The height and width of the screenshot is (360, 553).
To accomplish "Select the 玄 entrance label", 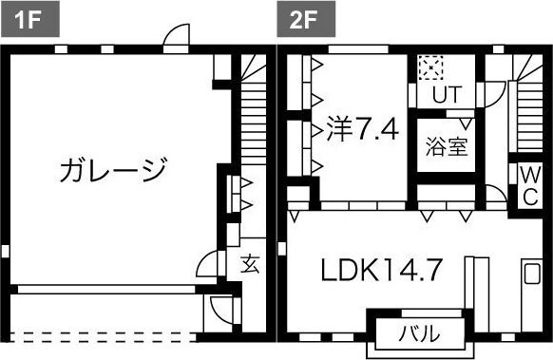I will [x=250, y=263].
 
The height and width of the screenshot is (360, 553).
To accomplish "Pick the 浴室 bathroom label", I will [x=445, y=149].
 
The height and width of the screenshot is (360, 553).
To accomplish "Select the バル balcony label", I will [x=419, y=332].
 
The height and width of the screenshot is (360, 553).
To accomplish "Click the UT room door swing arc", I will [x=492, y=93].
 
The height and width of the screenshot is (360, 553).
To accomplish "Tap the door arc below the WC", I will [x=495, y=197].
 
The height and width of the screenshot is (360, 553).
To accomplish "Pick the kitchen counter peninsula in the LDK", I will [x=469, y=281].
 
